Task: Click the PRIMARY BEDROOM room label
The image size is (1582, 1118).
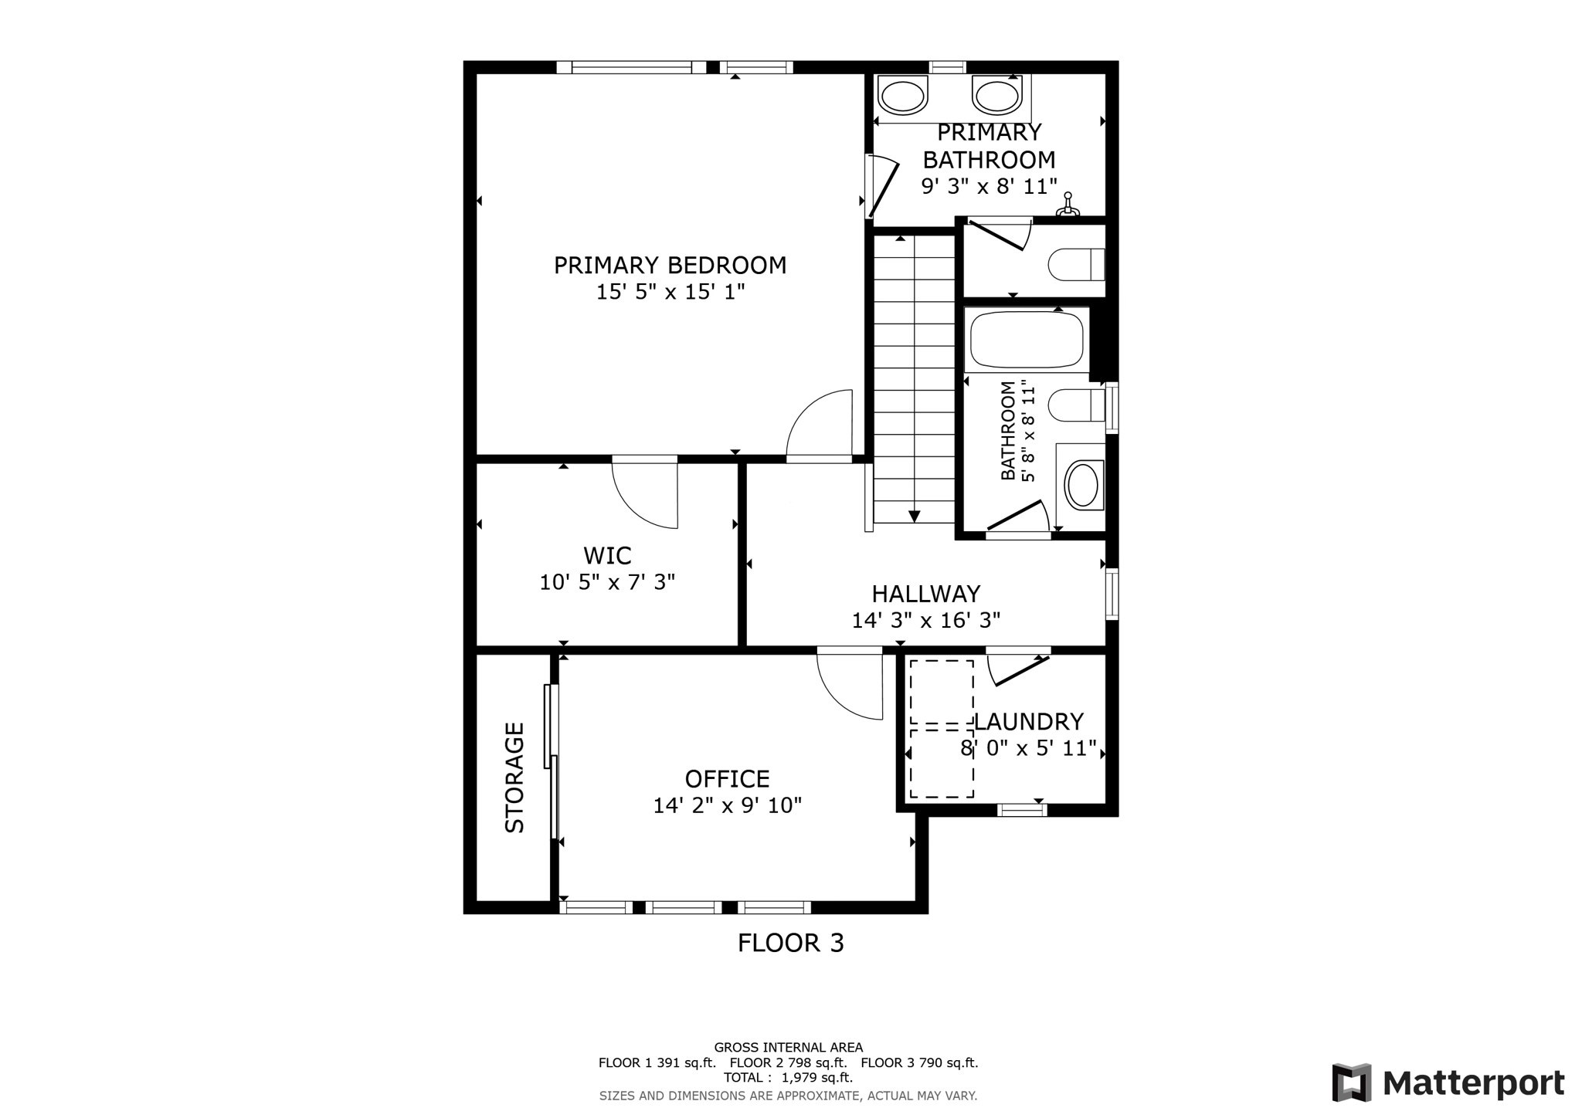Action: (x=670, y=266)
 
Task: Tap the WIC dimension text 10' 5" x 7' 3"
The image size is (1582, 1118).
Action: (x=607, y=582)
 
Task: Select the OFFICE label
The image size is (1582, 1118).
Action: (x=727, y=778)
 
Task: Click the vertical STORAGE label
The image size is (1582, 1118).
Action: (x=514, y=778)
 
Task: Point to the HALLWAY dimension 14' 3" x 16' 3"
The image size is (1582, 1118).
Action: (x=925, y=621)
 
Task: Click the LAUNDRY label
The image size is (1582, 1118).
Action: (x=1028, y=722)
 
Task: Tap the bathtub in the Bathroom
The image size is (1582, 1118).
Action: (x=1027, y=340)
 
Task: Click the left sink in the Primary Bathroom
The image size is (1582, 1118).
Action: (x=902, y=97)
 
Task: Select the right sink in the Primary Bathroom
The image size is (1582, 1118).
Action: (x=996, y=97)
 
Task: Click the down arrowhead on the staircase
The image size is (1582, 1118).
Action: (x=914, y=517)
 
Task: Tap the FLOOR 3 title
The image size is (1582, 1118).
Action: (x=790, y=943)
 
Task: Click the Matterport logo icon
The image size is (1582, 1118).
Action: (x=1351, y=1082)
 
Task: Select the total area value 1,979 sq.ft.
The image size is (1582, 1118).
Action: (x=816, y=1078)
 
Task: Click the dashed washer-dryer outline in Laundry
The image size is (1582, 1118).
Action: (x=941, y=728)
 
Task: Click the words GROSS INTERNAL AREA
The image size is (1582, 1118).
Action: (x=788, y=1048)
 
